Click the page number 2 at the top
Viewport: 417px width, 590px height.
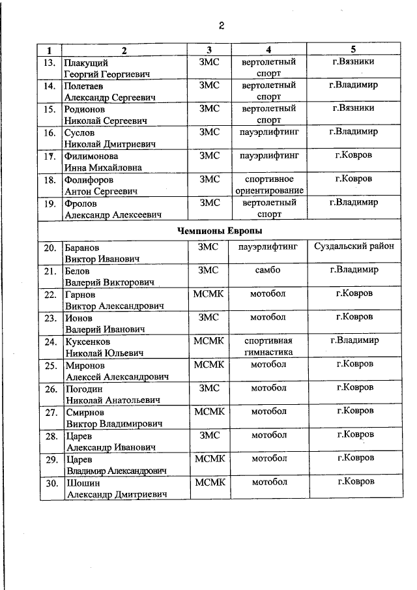(x=222, y=26)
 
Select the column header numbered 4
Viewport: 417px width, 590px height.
(x=268, y=50)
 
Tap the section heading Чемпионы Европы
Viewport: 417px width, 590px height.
(x=220, y=231)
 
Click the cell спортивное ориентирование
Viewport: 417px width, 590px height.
(x=269, y=184)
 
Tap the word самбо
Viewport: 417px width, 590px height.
(x=268, y=271)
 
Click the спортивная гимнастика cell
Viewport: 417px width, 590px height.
(x=268, y=346)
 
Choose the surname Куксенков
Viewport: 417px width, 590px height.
(x=88, y=342)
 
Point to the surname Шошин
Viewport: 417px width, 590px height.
(x=81, y=482)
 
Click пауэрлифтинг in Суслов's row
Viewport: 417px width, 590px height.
(x=269, y=132)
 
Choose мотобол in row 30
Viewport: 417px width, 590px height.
(x=268, y=482)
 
